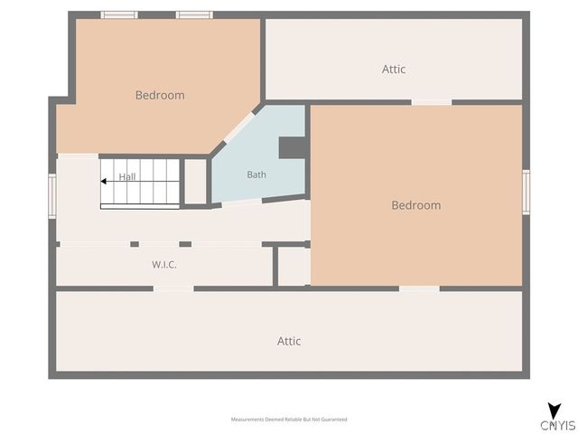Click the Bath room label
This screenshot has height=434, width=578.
point(256,175)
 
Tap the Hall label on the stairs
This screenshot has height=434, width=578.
point(127,177)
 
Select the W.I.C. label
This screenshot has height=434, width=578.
point(164,264)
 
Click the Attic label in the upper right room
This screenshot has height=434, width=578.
point(394,69)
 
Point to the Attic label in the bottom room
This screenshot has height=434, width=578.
point(289,341)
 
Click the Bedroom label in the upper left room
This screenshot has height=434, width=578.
point(160,95)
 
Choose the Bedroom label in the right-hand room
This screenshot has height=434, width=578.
point(416,205)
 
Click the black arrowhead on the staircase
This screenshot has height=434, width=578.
point(104,181)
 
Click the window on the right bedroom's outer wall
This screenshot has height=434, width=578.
point(526,192)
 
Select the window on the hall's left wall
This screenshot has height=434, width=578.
point(52,196)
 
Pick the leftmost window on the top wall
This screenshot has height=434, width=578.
point(119,15)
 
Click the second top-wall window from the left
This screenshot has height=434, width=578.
point(194,15)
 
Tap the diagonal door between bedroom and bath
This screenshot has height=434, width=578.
point(239,127)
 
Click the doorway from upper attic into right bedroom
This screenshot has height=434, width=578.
point(432,102)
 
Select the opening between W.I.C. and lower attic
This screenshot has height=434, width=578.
point(173,288)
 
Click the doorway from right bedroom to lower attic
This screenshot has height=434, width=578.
point(419,288)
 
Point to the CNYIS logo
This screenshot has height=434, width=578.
point(557,418)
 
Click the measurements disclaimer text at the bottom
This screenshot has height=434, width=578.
point(289,420)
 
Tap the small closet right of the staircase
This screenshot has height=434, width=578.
point(195,181)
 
